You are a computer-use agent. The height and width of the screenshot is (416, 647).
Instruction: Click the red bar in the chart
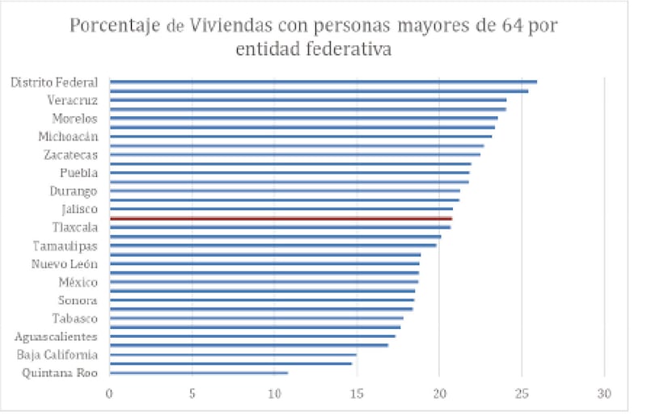pyautogui.click(x=281, y=219)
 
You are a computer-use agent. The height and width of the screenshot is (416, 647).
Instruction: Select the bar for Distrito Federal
pyautogui.click(x=323, y=82)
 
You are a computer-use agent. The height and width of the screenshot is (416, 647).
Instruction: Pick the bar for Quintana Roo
pyautogui.click(x=198, y=373)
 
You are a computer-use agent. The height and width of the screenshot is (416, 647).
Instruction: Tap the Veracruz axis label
pyautogui.click(x=73, y=100)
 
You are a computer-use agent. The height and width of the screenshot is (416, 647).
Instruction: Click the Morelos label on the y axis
pyautogui.click(x=75, y=119)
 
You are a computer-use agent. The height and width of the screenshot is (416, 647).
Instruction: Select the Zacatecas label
pyautogui.click(x=70, y=155)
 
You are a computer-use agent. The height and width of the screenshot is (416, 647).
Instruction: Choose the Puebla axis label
pyautogui.click(x=78, y=173)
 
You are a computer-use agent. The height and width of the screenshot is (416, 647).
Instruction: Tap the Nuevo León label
pyautogui.click(x=65, y=264)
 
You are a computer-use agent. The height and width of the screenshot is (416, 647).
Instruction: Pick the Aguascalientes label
pyautogui.click(x=56, y=337)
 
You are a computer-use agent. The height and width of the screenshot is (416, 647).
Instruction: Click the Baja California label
pyautogui.click(x=57, y=355)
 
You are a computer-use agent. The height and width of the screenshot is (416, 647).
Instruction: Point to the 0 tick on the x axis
pyautogui.click(x=109, y=395)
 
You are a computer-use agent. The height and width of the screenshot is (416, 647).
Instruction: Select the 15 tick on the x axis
pyautogui.click(x=357, y=395)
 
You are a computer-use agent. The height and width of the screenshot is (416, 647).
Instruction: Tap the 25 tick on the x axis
pyautogui.click(x=522, y=395)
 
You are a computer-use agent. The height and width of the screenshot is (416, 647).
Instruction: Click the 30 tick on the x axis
pyautogui.click(x=604, y=395)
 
